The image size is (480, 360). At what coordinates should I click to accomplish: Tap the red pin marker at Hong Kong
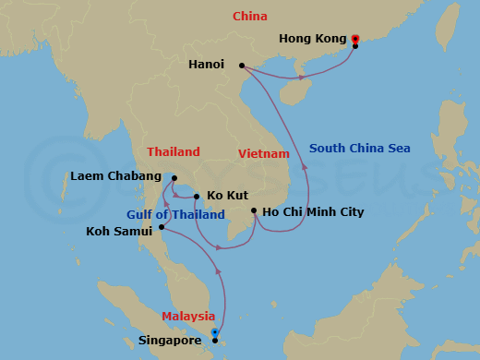[355, 40]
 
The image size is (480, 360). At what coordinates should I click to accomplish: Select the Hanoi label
[206, 65]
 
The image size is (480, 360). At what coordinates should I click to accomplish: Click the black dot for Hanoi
[242, 66]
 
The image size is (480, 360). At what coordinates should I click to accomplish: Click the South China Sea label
[360, 148]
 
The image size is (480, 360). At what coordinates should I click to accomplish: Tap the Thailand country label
[173, 151]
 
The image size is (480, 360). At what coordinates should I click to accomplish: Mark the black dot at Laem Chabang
[173, 177]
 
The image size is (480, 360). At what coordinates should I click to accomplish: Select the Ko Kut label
[226, 196]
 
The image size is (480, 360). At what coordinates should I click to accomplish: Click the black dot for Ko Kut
[197, 196]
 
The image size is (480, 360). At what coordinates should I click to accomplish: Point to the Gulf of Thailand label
[175, 215]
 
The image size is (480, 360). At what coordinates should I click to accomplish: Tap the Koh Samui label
[119, 231]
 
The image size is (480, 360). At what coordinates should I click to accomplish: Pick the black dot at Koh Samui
[162, 227]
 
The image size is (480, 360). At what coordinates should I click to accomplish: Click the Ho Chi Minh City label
[313, 212]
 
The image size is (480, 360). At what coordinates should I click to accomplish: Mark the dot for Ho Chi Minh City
[254, 211]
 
